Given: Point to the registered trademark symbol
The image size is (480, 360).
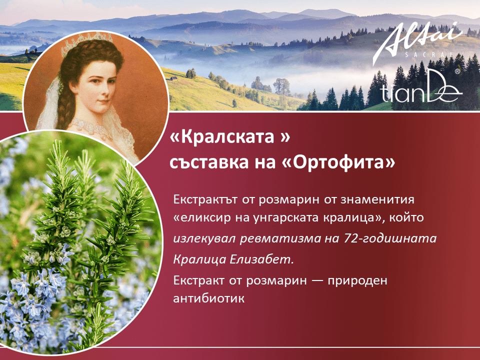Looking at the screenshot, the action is [x=457, y=71].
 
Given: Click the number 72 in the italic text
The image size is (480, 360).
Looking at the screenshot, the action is [x=349, y=238].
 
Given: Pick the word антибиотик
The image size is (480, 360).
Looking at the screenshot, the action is [x=209, y=298].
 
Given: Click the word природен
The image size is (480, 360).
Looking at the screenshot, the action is [x=357, y=280].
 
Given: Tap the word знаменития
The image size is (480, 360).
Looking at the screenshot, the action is [x=377, y=199].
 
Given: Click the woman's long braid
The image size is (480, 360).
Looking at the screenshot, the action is [x=64, y=101].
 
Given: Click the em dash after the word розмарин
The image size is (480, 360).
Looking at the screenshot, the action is [x=317, y=280].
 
